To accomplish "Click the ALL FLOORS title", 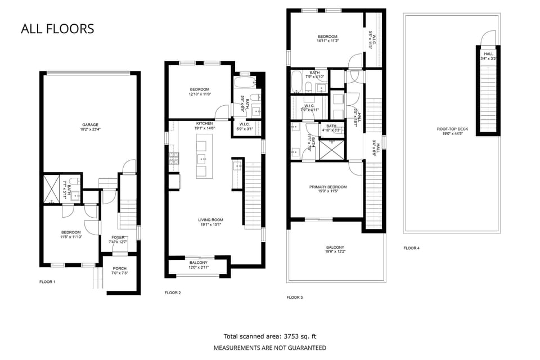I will pos(57,29).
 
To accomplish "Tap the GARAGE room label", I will pos(90,125).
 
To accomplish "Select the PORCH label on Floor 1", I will pos(119,268).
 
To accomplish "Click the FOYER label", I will pos(118,237).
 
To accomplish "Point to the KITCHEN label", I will pos(204,123).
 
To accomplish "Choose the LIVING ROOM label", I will pos(210,220).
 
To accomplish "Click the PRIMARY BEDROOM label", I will pos(327,187).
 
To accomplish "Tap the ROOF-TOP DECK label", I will pos(450,129).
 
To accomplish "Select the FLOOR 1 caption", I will pos(47,281).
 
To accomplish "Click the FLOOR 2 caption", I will pos(173,292).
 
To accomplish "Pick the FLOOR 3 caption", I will pos(295,297).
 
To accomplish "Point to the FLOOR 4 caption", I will pos(411,247).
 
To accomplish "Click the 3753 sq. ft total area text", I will pos(269,336).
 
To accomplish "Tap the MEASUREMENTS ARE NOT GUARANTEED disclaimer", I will pos(269,348).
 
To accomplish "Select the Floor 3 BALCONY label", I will pos(335,247).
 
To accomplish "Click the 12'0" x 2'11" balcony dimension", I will pos(198,268).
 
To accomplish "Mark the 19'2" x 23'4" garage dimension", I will pos(90,130).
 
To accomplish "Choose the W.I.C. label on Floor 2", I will pos(244,124).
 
